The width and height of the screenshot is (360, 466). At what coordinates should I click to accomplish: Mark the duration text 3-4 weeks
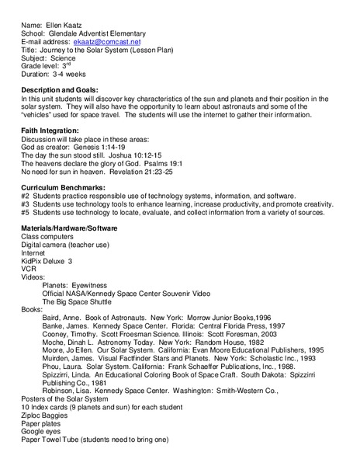(69, 78)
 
